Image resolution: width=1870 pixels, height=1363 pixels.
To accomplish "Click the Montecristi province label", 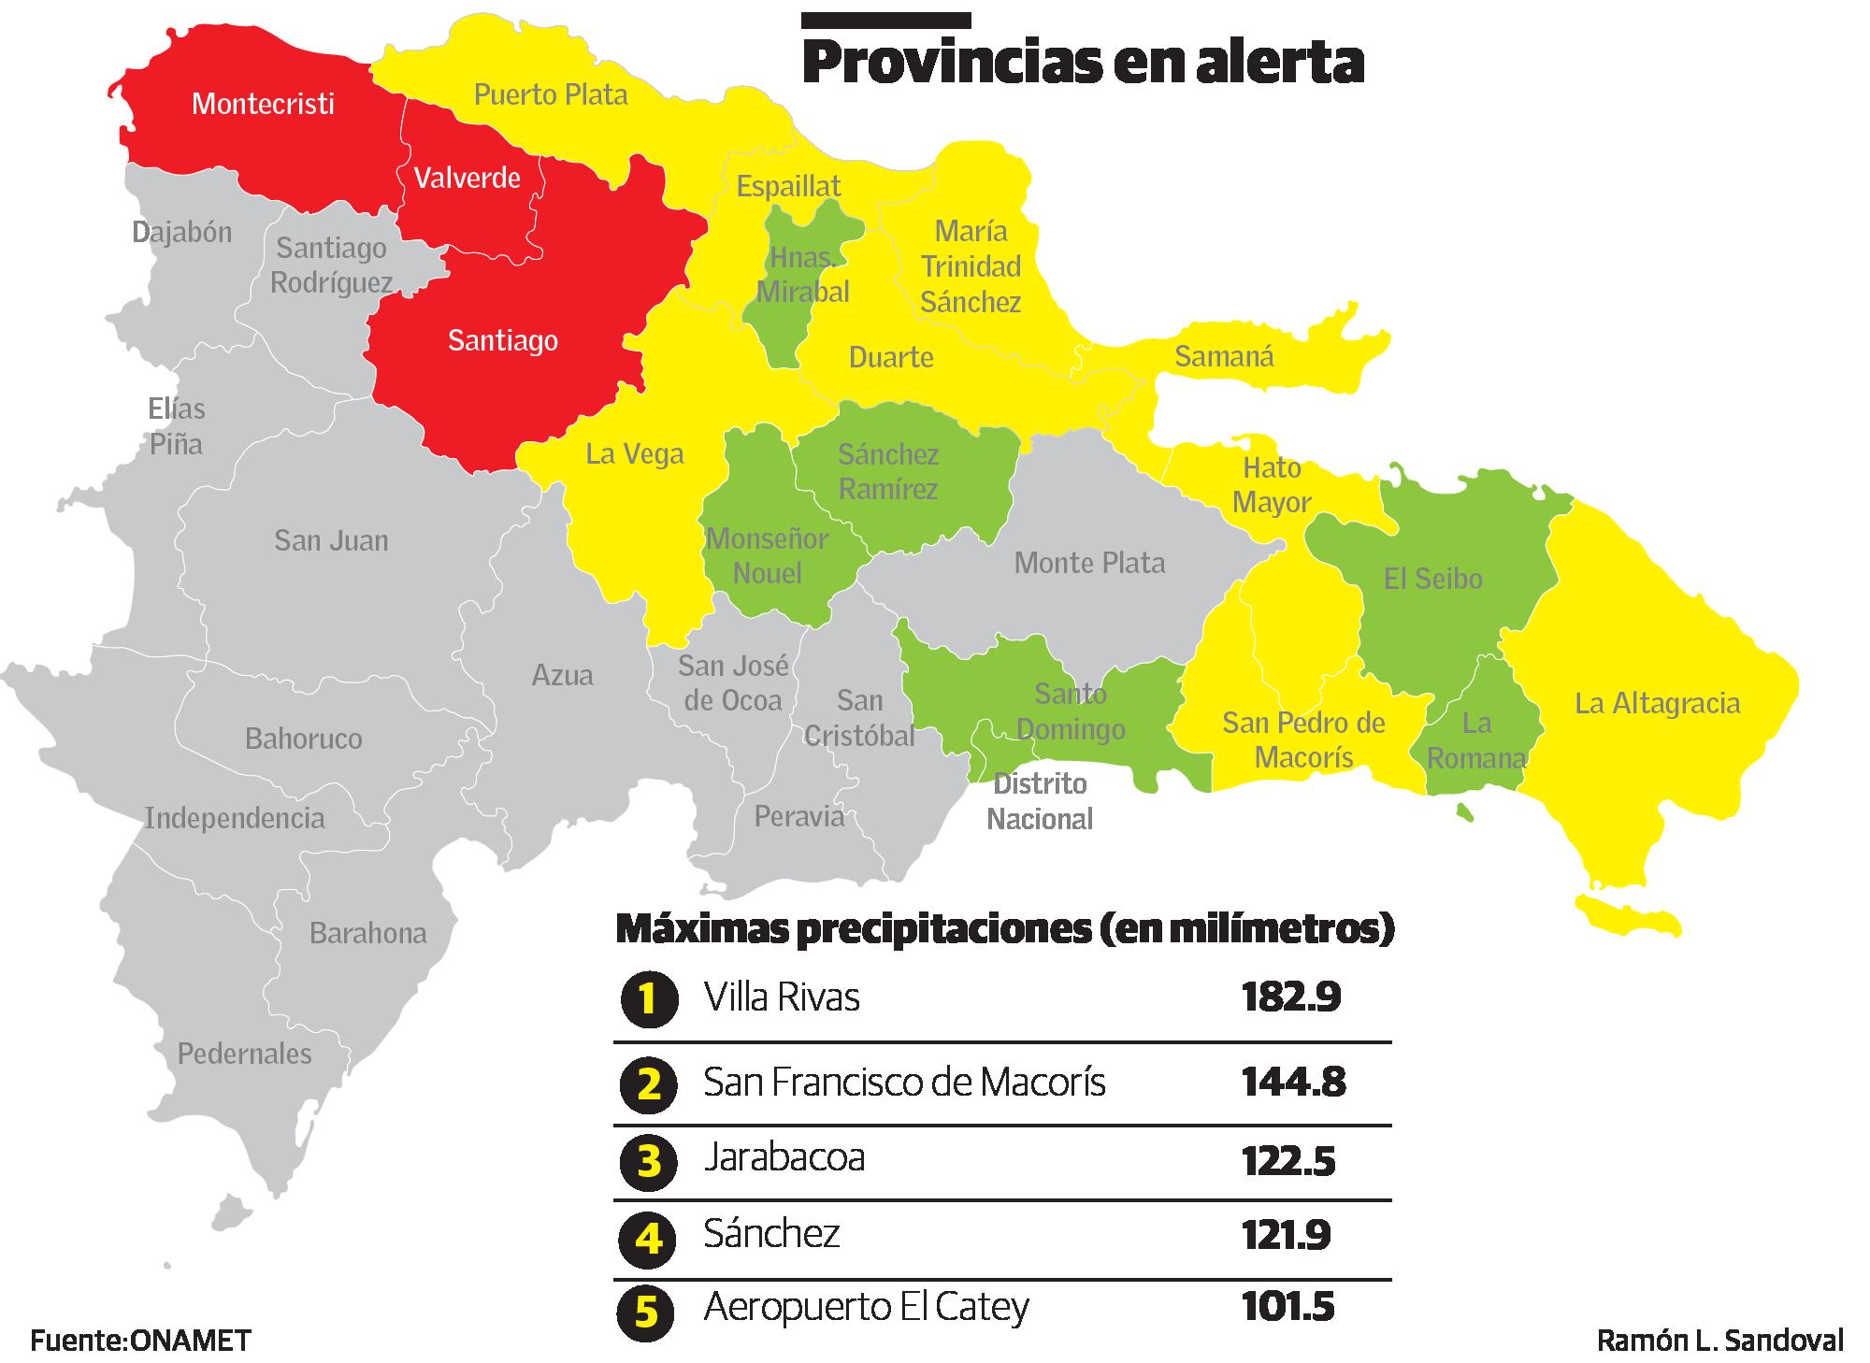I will [263, 103].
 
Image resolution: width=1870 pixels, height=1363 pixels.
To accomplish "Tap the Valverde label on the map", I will [467, 178].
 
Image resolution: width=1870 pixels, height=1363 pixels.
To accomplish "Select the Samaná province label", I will [1223, 356].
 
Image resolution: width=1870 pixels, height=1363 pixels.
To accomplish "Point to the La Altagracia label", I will [1657, 703].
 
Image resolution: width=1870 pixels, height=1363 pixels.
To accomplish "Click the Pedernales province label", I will [244, 1054].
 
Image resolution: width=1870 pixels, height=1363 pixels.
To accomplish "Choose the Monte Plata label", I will [1089, 563].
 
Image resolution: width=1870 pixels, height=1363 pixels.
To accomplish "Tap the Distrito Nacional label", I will [1040, 801].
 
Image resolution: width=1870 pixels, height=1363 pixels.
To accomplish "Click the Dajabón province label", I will [182, 232].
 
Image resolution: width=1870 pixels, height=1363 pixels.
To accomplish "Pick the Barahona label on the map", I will [367, 933].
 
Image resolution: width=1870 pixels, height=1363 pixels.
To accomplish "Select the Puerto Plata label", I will [551, 94].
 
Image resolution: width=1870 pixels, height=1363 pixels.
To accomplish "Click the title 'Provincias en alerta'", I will [1083, 63].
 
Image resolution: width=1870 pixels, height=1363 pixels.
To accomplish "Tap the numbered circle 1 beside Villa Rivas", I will [648, 999].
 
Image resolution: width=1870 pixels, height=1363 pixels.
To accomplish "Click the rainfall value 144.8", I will [1293, 1083].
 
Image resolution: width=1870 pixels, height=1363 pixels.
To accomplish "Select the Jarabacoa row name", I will [784, 1157].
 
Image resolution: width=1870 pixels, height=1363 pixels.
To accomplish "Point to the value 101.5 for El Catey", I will [1287, 1306].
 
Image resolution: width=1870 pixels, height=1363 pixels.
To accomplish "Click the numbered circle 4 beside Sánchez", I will [648, 1239].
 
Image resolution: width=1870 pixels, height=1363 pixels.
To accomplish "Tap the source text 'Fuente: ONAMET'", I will [140, 1341].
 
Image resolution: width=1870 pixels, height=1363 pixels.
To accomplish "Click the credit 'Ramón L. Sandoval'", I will [1719, 1341].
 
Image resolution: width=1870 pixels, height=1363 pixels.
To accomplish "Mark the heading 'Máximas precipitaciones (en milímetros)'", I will [1004, 930].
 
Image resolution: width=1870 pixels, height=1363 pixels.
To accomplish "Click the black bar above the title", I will [886, 20].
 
